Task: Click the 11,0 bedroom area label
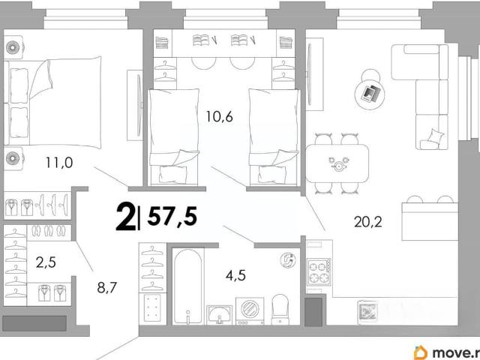[x=59, y=163]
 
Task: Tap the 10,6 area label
[x=219, y=117]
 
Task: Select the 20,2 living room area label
[x=368, y=222]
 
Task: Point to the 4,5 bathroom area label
[x=235, y=275]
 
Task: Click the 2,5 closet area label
[x=46, y=262]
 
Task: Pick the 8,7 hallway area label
[x=107, y=287]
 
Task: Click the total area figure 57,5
[x=172, y=216]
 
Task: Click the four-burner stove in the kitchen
[x=319, y=272]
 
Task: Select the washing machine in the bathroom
[x=250, y=310]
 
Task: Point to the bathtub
[x=188, y=286]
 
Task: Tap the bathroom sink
[x=219, y=314]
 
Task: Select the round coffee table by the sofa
[x=370, y=93]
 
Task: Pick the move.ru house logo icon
[x=421, y=352]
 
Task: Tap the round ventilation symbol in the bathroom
[x=288, y=260]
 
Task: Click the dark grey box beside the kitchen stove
[x=313, y=312]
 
